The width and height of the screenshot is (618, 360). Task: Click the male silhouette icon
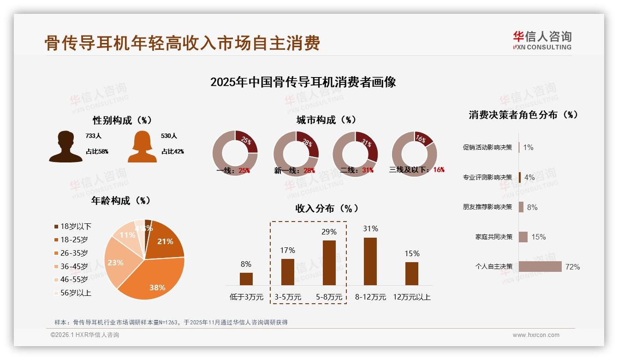tap(66, 146)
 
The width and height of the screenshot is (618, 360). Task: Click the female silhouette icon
tap(142, 146)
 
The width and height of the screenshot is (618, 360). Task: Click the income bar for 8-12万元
tap(370, 261)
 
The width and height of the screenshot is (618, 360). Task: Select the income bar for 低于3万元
tap(246, 279)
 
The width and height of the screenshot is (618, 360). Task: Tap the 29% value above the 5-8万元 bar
tap(329, 232)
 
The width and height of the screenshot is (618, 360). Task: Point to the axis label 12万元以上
tap(412, 297)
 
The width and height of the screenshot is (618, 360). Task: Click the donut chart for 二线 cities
tap(356, 154)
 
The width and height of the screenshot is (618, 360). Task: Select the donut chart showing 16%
tap(414, 154)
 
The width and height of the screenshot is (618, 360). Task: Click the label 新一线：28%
tap(295, 171)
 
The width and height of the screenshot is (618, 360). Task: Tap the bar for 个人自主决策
tap(540, 267)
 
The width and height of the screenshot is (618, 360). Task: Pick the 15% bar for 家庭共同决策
tap(523, 237)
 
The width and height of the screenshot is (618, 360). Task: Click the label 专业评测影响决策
tap(487, 177)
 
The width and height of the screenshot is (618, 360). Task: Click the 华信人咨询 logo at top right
tap(542, 40)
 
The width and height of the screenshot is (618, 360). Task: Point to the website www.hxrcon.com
tap(536, 335)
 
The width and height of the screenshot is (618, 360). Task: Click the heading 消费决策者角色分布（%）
tap(523, 115)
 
